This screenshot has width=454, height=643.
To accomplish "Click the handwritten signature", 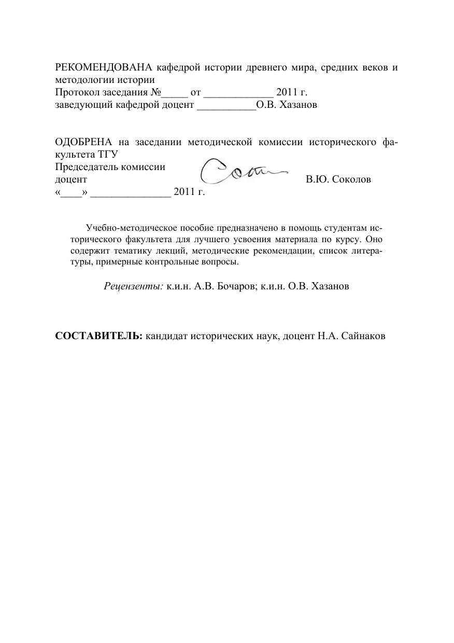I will (x=240, y=171).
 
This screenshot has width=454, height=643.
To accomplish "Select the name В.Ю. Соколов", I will (x=338, y=180).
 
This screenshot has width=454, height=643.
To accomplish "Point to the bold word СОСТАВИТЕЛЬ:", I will (x=99, y=336).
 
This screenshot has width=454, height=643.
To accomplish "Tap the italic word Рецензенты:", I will (x=134, y=286).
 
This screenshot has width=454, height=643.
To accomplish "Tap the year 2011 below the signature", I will (x=184, y=192).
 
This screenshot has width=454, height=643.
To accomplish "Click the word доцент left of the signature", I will (x=71, y=180).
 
